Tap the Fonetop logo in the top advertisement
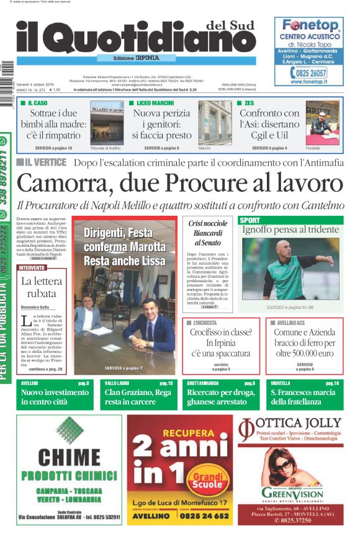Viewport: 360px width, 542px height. point(310,26)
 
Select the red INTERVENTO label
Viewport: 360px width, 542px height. point(32,267)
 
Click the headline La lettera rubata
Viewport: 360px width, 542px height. point(42,288)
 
